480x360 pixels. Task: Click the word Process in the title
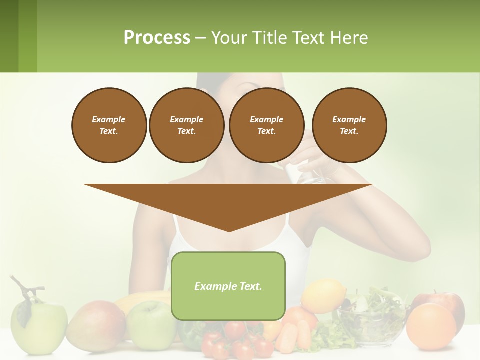click(157, 38)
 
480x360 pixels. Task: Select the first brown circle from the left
click(109, 125)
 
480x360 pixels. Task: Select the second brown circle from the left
click(186, 125)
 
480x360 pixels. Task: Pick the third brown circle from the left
click(266, 125)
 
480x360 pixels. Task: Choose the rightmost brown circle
click(349, 125)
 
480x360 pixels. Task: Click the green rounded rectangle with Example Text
click(228, 286)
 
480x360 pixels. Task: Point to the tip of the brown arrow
click(229, 231)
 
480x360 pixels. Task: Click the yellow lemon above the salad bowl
click(323, 295)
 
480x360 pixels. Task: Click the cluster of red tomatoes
click(235, 340)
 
